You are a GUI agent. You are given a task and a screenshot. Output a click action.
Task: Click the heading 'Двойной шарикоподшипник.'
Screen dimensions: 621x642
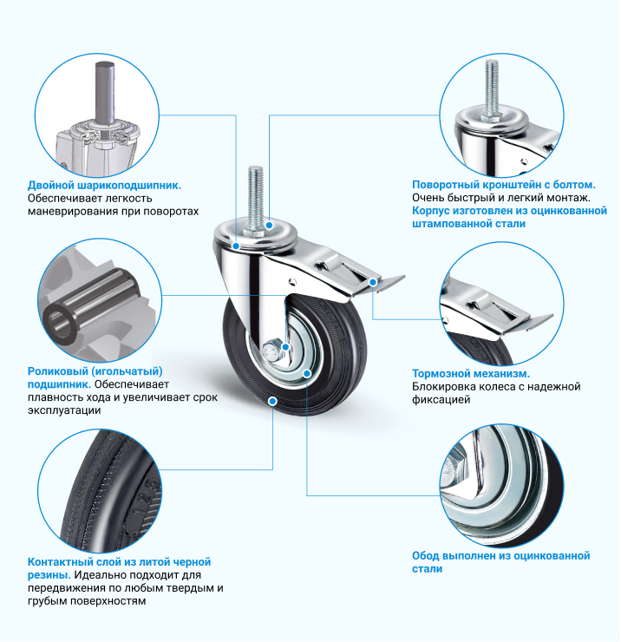coord(104,186)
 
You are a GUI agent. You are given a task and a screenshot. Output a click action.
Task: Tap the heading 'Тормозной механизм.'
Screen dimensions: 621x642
coord(471,373)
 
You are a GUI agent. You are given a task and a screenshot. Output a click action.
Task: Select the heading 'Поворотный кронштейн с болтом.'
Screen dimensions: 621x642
coord(504,185)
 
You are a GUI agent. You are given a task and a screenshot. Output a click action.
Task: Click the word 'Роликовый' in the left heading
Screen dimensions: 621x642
coord(57,371)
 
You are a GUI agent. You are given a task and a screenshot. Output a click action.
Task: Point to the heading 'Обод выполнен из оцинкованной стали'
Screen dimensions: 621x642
coord(500,562)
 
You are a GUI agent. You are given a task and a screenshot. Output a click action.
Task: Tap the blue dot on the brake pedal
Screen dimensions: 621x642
coord(373,282)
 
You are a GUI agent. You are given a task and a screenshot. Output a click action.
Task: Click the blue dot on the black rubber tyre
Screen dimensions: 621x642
coord(272,401)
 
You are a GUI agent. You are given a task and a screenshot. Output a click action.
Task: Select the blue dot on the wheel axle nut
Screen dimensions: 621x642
coord(285,347)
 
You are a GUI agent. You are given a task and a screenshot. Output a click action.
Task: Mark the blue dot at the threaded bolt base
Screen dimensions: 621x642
coord(269,226)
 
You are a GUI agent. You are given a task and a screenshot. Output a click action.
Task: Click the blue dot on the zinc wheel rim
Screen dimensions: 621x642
coord(307,373)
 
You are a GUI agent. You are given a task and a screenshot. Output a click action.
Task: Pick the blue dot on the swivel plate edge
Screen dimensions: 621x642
coord(236,246)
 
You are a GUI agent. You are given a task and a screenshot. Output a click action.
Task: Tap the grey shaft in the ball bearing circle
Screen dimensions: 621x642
coord(105,92)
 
